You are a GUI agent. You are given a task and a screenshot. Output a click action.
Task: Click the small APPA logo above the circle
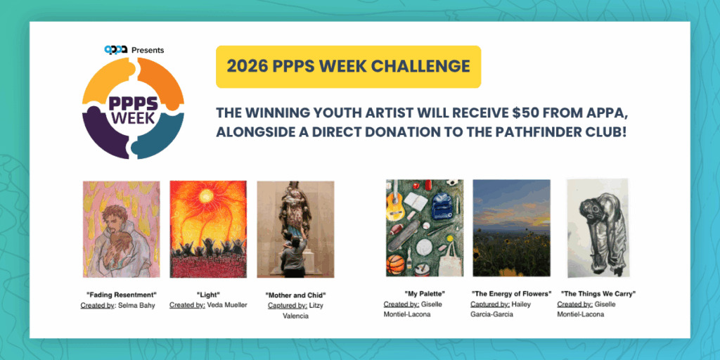click(115, 50)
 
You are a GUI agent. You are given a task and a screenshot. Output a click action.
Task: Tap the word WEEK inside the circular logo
click(133, 118)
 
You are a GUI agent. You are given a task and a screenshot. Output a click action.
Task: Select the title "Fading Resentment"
click(121, 295)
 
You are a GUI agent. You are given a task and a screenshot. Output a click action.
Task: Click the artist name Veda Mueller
click(227, 305)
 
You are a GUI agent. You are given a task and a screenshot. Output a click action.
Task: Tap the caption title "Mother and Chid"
click(296, 295)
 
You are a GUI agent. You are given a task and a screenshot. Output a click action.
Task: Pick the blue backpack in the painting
click(441, 205)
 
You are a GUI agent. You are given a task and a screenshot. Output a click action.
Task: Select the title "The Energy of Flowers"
click(511, 295)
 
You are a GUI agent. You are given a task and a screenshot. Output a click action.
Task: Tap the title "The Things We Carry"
click(598, 294)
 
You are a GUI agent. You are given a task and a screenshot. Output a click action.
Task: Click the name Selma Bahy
click(136, 305)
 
